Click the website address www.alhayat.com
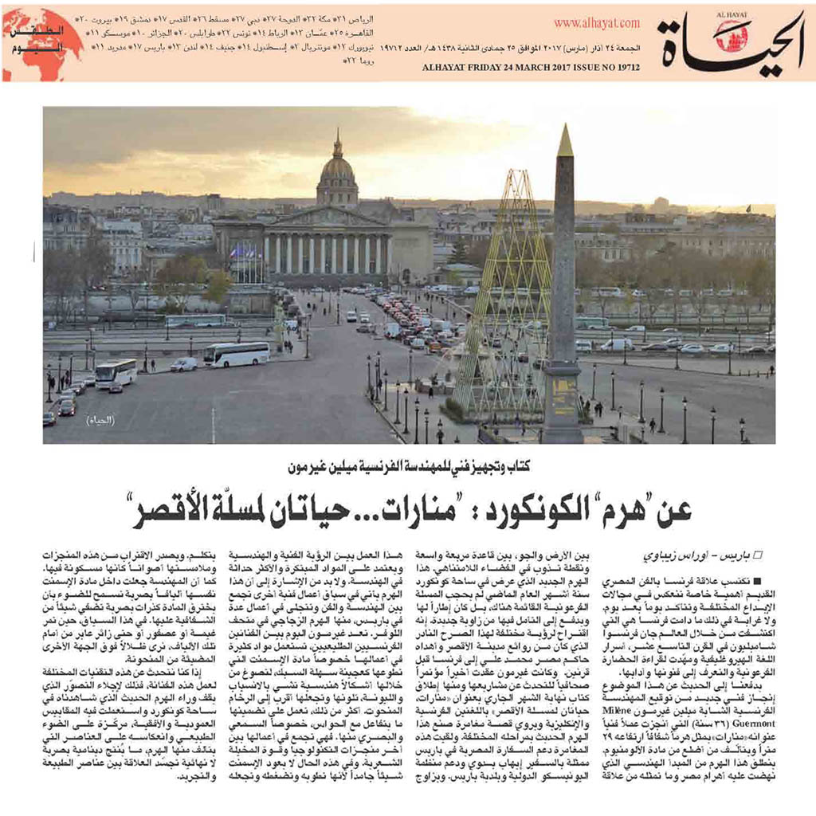[596, 25]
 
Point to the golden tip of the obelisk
[565, 141]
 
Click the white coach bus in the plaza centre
[236, 354]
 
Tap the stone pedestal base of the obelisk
[562, 402]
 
